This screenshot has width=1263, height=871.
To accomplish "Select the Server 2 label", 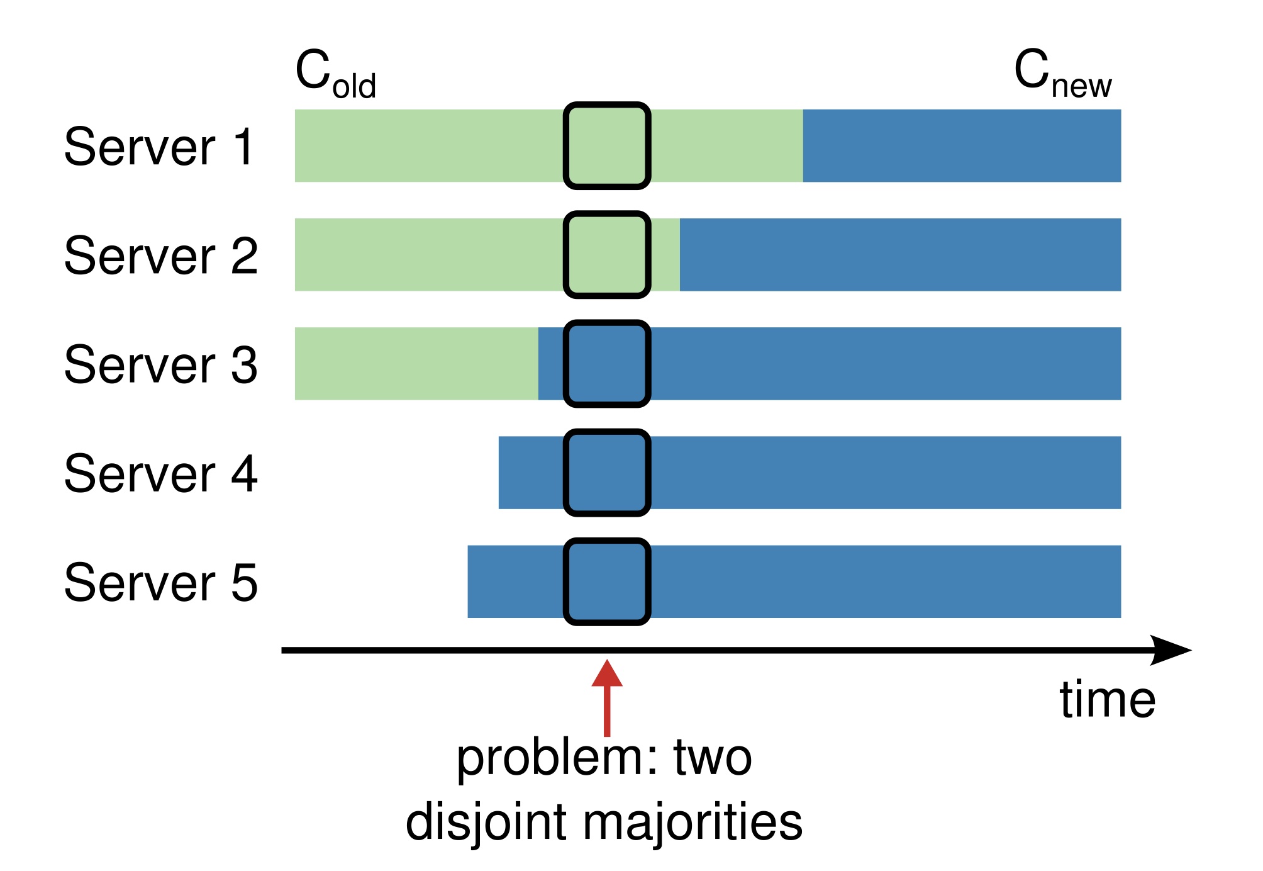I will (161, 256).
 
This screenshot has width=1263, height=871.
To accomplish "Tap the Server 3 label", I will (161, 364).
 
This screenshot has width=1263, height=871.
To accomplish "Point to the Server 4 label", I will (161, 473).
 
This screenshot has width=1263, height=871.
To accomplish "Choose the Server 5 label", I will (161, 582).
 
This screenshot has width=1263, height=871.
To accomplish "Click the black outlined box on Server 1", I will (607, 146).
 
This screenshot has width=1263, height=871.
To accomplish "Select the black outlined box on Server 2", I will (607, 255).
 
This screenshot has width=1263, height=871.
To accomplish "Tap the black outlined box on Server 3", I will (607, 364).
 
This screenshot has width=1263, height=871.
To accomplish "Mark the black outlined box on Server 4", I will (607, 473).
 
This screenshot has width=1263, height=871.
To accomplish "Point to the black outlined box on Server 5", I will (607, 582).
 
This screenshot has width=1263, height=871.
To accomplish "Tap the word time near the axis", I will (1107, 700).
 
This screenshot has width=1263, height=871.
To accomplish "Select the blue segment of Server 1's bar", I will (962, 146).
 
